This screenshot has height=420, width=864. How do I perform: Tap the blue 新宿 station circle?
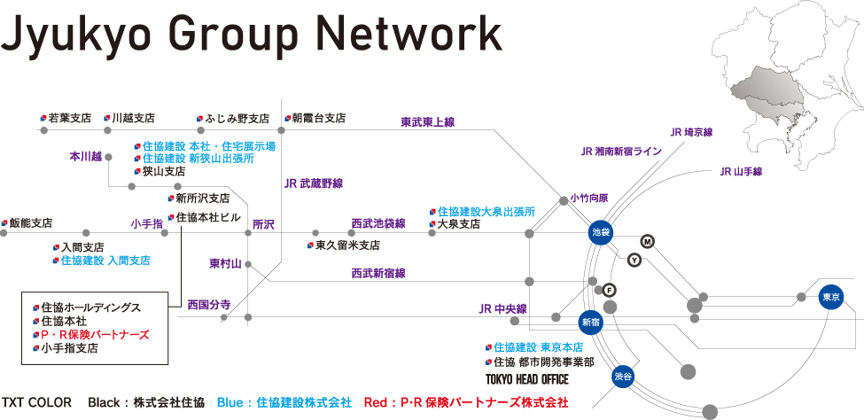pos(591,323)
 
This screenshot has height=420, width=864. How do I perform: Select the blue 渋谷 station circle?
pos(624,377)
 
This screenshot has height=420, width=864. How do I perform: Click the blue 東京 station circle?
pos(830,296)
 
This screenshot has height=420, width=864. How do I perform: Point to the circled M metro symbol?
pos(647,241)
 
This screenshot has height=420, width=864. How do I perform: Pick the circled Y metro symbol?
pos(634,260)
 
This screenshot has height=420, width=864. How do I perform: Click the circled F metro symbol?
pos(609,290)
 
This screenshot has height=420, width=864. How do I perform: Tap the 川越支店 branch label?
pos(132,118)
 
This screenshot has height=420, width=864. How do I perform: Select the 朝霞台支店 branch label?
pos(318,118)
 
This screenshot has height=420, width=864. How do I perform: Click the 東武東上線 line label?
pos(427,122)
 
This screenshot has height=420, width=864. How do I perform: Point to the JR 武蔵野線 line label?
pos(314,184)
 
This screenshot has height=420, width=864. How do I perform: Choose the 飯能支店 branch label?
pos(29,223)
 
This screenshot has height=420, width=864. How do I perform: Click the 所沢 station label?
pos(263,225)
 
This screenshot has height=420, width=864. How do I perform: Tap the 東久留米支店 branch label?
pos(347,245)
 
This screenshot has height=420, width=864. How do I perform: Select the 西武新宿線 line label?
pos(378,274)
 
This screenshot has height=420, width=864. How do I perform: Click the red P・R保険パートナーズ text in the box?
pos(95,335)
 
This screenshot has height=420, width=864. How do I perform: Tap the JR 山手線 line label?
pos(741,171)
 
